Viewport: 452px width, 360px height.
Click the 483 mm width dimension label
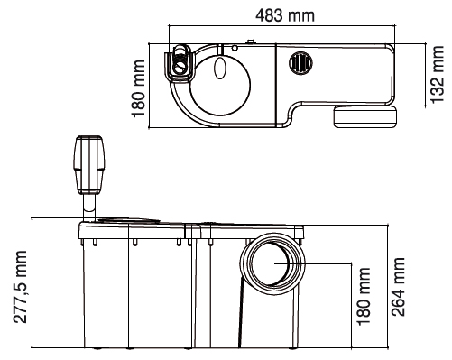(284, 14)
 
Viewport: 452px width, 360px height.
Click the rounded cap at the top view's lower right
(365, 115)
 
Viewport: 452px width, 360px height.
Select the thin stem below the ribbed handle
(89, 212)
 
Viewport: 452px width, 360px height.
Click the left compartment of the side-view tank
(135, 293)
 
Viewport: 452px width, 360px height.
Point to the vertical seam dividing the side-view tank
(196, 289)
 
